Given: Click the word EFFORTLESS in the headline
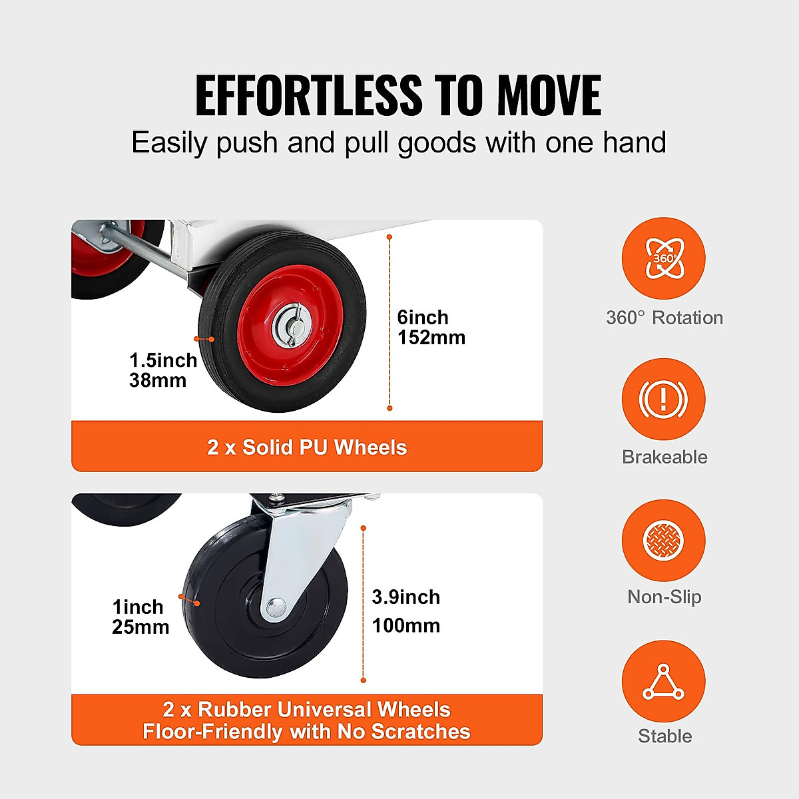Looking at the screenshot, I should click(308, 96).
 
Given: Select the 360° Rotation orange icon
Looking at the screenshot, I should click(663, 258).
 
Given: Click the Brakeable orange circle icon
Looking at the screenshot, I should click(663, 399).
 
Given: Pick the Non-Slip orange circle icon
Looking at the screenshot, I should click(663, 540).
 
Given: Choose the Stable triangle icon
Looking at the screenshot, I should click(663, 682).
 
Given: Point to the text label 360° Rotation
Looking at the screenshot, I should click(664, 318).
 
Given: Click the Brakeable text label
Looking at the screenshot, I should click(664, 457).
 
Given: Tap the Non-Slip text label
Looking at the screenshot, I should click(664, 597).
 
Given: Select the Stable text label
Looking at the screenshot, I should click(665, 736).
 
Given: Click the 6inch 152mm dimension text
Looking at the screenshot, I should click(431, 327).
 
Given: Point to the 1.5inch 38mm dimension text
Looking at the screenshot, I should click(162, 370).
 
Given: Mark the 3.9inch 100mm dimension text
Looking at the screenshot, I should click(405, 611).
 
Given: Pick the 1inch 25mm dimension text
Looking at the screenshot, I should click(140, 617).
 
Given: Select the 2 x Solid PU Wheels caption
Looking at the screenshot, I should click(306, 447).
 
